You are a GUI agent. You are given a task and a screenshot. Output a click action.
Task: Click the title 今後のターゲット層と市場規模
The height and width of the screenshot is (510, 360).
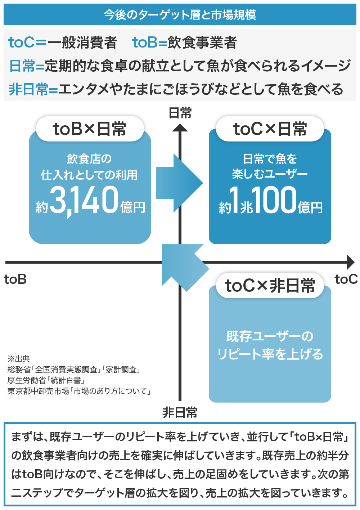180,15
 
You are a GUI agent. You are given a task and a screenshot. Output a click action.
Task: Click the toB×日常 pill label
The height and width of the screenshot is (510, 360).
90,129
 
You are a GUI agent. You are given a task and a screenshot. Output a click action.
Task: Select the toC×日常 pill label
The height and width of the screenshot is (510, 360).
270,129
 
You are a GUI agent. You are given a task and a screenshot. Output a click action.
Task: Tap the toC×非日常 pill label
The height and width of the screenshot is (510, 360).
270,286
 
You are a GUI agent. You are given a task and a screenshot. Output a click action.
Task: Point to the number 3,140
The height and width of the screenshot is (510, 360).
84,200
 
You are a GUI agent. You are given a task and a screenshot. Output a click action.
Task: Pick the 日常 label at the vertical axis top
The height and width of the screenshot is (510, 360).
180,113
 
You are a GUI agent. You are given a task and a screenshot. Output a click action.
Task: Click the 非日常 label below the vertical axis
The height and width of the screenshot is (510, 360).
180,412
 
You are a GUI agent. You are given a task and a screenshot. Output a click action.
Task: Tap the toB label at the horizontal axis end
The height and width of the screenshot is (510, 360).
15,279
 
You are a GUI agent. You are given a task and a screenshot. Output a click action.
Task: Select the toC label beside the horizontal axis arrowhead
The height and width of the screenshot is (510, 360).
346,279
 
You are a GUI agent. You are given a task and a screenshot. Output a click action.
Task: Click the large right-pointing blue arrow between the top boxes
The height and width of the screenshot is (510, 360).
179,183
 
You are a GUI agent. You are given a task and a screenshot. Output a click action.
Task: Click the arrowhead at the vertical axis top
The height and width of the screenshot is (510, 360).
180,128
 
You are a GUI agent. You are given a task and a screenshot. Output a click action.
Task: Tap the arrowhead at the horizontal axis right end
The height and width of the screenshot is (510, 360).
351,262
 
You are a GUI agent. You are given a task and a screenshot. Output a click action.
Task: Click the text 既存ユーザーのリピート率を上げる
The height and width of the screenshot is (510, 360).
270,345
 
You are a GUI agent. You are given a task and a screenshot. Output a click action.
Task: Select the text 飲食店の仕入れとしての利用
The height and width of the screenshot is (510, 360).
89,167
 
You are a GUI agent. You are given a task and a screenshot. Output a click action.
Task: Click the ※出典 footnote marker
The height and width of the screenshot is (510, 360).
19,359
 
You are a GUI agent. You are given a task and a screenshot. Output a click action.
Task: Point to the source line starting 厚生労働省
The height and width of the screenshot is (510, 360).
46,380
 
